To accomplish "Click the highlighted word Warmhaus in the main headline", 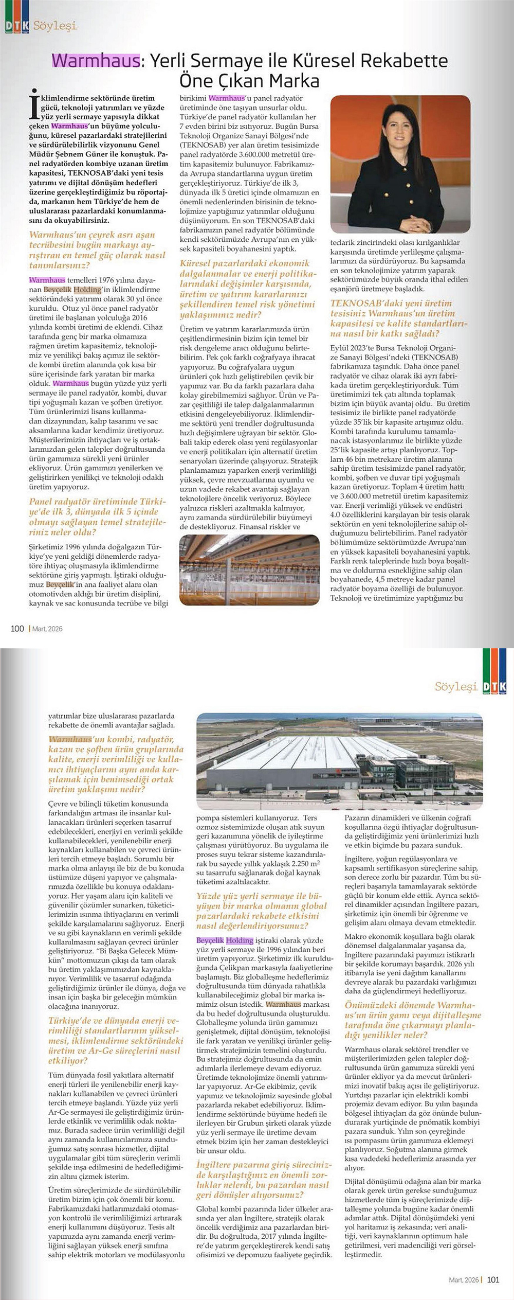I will pyautogui.click(x=96, y=61).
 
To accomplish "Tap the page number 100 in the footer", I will pyautogui.click(x=17, y=629).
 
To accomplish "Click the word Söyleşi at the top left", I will pyautogui.click(x=54, y=25).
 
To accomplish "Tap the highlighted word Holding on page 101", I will pyautogui.click(x=240, y=940).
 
